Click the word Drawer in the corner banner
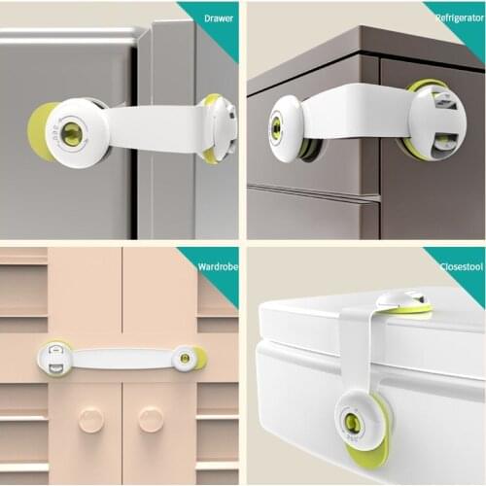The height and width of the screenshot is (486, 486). (x=211, y=17)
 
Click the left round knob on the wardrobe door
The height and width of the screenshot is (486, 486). (x=90, y=420)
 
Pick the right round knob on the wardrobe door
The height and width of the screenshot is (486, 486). (x=151, y=420)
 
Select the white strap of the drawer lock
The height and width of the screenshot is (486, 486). (x=156, y=127)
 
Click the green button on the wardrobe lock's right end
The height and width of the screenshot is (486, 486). (x=185, y=359)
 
